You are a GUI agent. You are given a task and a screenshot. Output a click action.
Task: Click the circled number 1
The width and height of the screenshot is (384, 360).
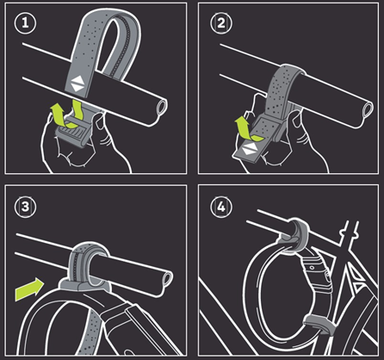point(25,23)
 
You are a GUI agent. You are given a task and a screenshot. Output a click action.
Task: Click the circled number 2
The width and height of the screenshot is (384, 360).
point(221,23)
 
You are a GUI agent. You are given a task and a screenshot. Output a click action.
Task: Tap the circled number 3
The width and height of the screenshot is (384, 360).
point(25,207)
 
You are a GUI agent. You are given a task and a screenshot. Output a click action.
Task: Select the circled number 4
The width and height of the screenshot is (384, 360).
point(221,207)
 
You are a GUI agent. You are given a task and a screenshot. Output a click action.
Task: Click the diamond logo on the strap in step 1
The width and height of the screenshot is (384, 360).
point(77,84)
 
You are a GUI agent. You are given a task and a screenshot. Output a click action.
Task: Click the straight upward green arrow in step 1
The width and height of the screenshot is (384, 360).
point(57,115)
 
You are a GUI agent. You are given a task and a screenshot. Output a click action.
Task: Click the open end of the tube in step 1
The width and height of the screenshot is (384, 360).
point(162,108)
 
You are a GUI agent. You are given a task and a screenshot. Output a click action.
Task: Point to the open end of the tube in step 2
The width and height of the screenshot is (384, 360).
point(368,109)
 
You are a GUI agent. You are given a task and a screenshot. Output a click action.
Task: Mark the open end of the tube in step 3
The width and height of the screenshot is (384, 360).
point(168,278)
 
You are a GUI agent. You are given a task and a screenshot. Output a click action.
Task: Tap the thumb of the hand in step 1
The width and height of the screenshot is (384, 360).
point(100,121)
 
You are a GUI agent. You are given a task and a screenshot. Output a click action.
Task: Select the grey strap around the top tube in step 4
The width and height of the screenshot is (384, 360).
point(295,234)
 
